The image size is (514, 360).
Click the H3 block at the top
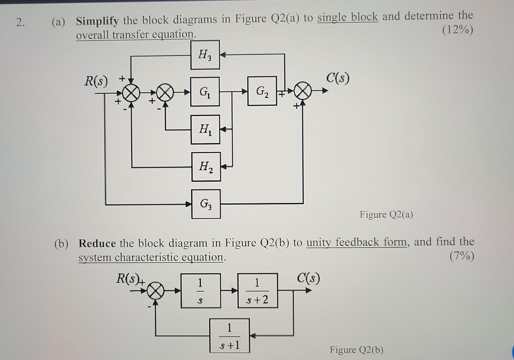pyautogui.click(x=205, y=55)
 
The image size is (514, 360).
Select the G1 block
pyautogui.click(x=205, y=92)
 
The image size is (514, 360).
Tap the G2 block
pyautogui.click(x=262, y=91)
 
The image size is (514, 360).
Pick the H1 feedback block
pyautogui.click(x=205, y=129)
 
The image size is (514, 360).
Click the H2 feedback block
pyautogui.click(x=206, y=167)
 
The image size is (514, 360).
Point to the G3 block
pyautogui.click(x=206, y=204)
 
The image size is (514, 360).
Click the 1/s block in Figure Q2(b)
pyautogui.click(x=200, y=291)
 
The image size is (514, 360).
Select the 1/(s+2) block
pyautogui.click(x=258, y=291)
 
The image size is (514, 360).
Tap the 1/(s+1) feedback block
pyautogui.click(x=229, y=336)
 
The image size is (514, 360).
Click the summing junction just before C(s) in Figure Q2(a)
pyautogui.click(x=303, y=91)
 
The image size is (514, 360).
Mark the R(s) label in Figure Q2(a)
pyautogui.click(x=96, y=81)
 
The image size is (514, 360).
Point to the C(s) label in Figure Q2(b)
pyautogui.click(x=309, y=278)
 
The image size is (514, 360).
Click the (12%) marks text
pyautogui.click(x=457, y=31)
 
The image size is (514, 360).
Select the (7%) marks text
pyautogui.click(x=461, y=257)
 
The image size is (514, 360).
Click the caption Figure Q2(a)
pyautogui.click(x=386, y=214)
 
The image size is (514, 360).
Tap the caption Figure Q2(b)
pyautogui.click(x=357, y=350)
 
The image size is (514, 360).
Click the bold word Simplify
pyautogui.click(x=97, y=21)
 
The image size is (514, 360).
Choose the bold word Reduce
pyautogui.click(x=97, y=243)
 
